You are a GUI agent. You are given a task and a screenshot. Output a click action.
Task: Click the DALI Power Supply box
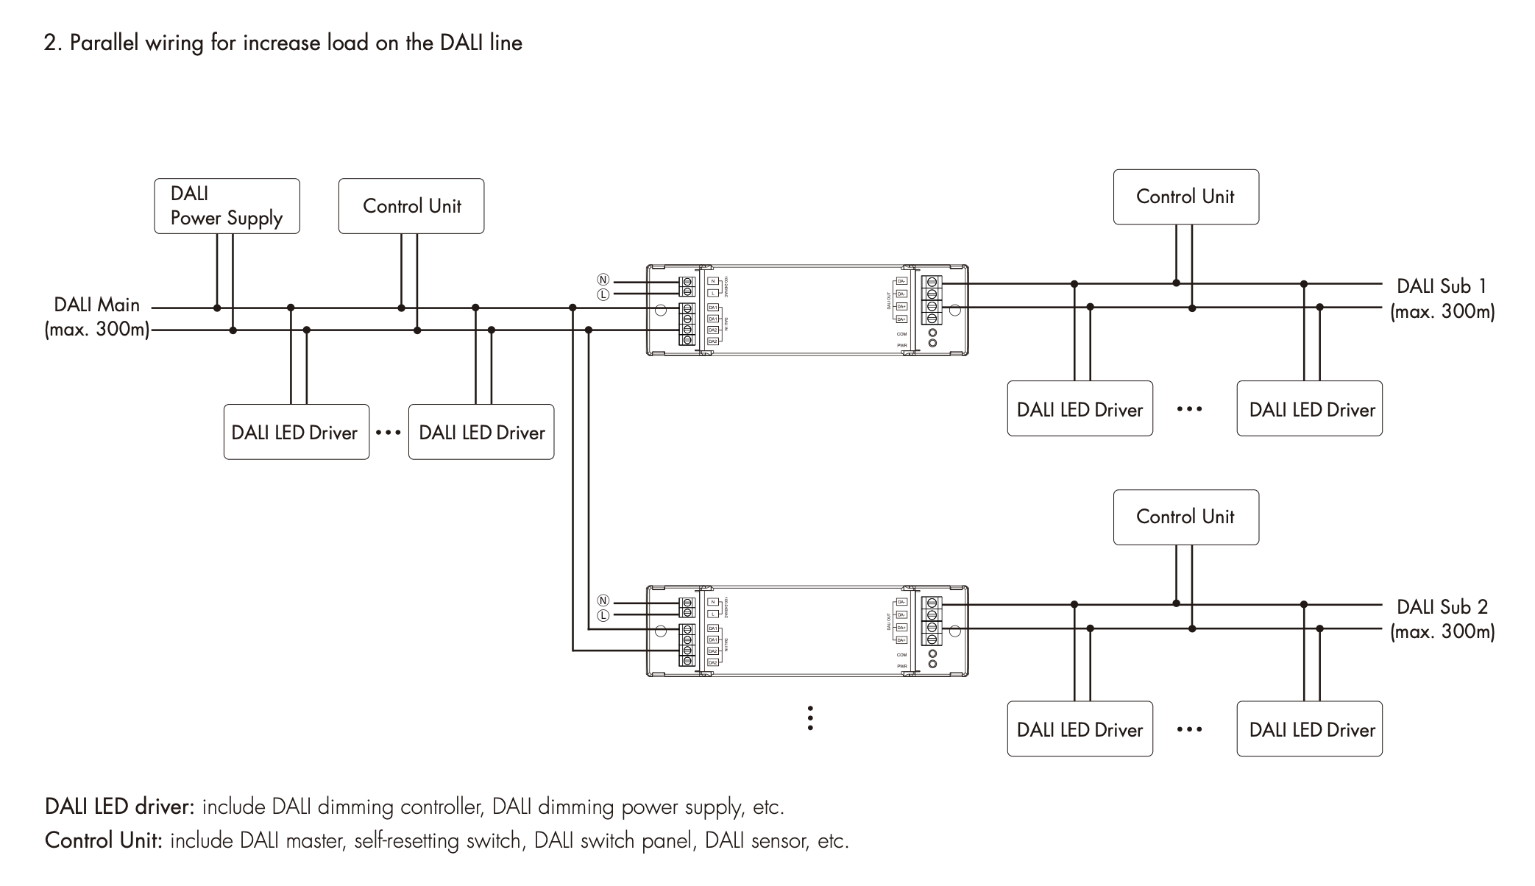pyautogui.click(x=227, y=206)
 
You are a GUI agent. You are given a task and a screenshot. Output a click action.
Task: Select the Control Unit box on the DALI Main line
pyautogui.click(x=411, y=206)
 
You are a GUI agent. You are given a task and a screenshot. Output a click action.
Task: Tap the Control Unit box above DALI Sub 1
pyautogui.click(x=1185, y=197)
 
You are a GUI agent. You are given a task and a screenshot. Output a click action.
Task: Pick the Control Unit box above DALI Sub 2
pyautogui.click(x=1185, y=517)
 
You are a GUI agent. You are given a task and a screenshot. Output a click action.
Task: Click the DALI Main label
pyautogui.click(x=96, y=305)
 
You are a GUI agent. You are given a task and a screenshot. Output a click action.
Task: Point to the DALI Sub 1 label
pyautogui.click(x=1442, y=286)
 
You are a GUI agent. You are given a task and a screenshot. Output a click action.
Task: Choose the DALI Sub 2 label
pyautogui.click(x=1442, y=607)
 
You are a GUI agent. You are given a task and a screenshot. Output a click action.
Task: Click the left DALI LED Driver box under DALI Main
pyautogui.click(x=296, y=432)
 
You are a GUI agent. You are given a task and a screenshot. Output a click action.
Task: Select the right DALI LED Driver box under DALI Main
pyautogui.click(x=481, y=432)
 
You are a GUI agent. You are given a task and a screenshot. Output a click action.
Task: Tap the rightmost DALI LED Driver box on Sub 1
pyautogui.click(x=1309, y=409)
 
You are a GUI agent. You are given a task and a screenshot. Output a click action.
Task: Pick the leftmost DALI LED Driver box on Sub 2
pyautogui.click(x=1080, y=729)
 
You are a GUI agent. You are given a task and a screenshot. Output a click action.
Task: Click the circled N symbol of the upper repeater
pyautogui.click(x=603, y=280)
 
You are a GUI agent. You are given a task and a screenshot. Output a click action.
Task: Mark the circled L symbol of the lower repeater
pyautogui.click(x=603, y=615)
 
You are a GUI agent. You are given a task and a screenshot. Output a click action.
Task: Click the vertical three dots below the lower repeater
pyautogui.click(x=810, y=718)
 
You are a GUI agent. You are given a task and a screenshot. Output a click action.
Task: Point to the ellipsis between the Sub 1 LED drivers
pyautogui.click(x=1189, y=409)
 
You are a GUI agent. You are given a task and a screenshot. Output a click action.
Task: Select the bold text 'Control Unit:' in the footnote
pyautogui.click(x=103, y=840)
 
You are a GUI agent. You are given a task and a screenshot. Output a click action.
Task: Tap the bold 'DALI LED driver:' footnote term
pyautogui.click(x=119, y=807)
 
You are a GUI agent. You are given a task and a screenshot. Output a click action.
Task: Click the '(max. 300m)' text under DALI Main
pyautogui.click(x=96, y=329)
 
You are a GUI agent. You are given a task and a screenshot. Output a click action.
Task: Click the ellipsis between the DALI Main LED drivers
pyautogui.click(x=388, y=432)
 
